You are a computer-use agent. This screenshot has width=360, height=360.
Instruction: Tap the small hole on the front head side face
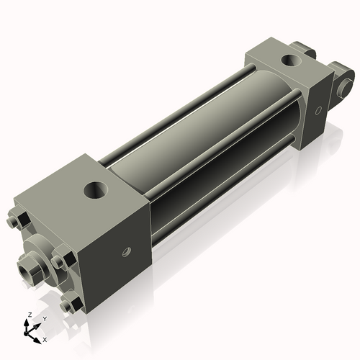click(x=125, y=252)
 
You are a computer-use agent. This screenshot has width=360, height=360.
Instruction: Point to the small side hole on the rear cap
click(x=317, y=111)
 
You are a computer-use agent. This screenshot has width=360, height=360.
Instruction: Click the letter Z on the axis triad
click(x=28, y=315)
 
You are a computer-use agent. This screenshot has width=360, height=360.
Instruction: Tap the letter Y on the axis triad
click(x=44, y=318)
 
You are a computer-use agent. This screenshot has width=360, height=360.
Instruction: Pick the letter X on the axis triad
click(x=45, y=338)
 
